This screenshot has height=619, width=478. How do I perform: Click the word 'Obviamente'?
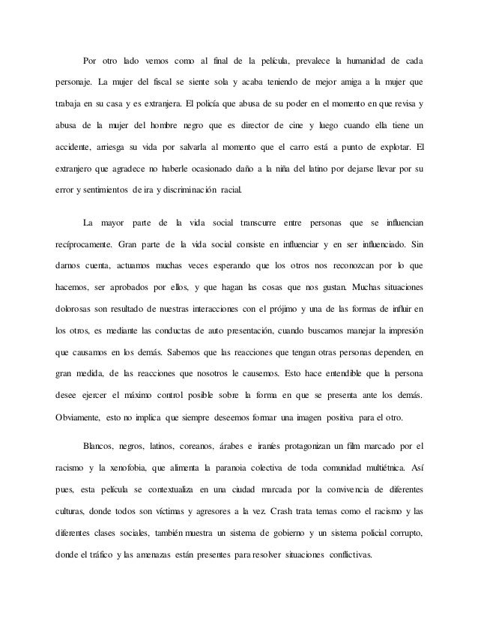click(78, 417)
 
